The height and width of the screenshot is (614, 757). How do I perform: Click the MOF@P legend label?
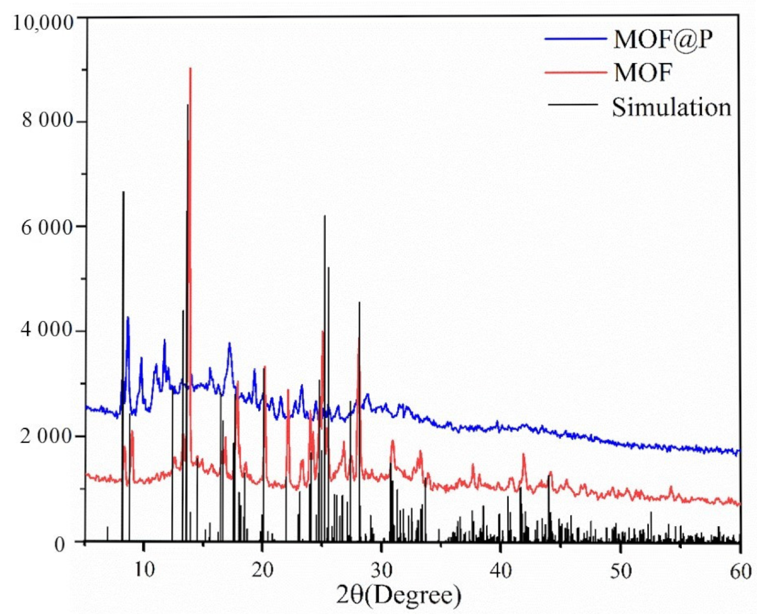[x=663, y=40]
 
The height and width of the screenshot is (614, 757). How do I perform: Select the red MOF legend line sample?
[x=575, y=72]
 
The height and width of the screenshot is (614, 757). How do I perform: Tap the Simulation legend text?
[x=671, y=107]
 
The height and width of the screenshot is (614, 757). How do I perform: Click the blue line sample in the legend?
[x=575, y=39]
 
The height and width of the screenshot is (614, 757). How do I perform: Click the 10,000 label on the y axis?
[x=43, y=22]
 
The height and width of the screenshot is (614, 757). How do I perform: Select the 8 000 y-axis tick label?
[x=48, y=120]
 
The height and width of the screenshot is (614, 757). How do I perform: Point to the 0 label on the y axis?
[x=60, y=544]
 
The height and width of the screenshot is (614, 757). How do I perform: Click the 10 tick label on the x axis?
[x=143, y=570]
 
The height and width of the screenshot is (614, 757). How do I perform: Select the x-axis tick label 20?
[x=263, y=570]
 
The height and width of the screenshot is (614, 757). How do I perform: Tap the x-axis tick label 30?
[x=382, y=570]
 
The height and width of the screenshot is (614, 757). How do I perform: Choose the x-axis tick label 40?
[x=501, y=570]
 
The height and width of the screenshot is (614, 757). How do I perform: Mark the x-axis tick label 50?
[x=621, y=571]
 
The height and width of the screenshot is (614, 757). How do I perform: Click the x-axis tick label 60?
[x=740, y=571]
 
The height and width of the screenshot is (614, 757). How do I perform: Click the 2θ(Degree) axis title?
[x=399, y=595]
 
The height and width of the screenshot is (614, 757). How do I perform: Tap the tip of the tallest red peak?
[x=190, y=68]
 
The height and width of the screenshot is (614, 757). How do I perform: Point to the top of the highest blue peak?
[x=128, y=317]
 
